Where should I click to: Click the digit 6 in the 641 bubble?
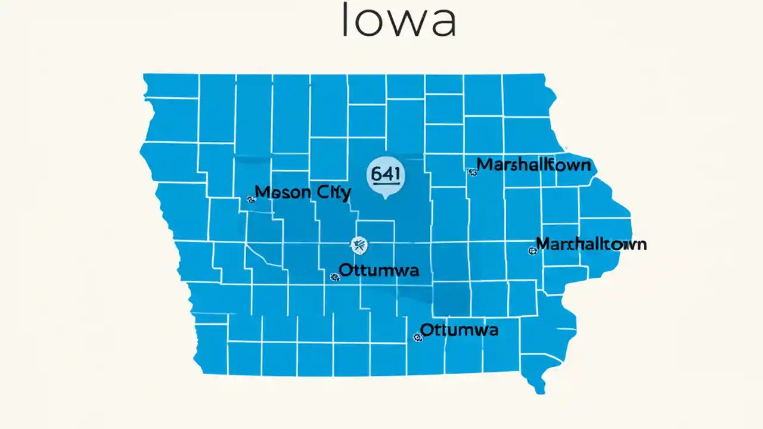coord(376,174)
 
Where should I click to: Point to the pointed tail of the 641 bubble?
coord(385,196)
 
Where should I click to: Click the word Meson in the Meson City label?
coord(281,192)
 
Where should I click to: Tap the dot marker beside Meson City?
coord(250,200)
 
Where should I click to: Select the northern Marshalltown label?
coord(534,164)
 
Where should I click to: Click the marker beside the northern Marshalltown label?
coord(473,173)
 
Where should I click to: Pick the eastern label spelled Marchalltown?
coord(591,244)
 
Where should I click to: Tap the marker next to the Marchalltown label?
coord(532,251)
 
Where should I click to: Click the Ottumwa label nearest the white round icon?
coord(379,270)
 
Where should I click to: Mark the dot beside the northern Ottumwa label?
coord(334,276)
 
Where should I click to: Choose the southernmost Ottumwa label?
coord(459,329)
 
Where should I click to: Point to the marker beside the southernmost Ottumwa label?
coord(417,337)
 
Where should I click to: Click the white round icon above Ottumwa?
coord(358,244)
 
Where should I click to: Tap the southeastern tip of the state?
coord(540,391)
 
